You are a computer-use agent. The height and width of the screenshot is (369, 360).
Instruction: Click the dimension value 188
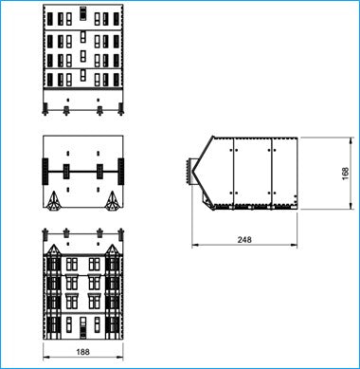(x=83, y=351)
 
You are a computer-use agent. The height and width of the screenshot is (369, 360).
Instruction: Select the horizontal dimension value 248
(x=244, y=240)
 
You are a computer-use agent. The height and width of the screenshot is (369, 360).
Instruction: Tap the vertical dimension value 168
(x=346, y=174)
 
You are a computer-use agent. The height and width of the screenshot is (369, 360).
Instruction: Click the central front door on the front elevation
(x=82, y=328)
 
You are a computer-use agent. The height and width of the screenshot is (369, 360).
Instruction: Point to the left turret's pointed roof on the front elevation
(x=53, y=249)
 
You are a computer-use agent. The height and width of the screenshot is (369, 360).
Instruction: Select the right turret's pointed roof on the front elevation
(x=112, y=249)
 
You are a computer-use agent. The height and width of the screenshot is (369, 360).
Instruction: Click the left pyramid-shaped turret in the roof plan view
(x=53, y=200)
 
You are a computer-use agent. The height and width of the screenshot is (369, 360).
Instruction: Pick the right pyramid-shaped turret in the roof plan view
(x=112, y=200)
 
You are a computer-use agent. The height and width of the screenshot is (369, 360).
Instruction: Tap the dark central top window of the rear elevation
(x=82, y=13)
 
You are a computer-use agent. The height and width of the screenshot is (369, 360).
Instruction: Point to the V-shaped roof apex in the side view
(x=192, y=171)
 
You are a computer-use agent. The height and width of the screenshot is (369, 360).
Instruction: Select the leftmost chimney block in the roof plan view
(x=45, y=172)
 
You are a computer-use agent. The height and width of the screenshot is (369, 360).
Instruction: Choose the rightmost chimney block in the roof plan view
(x=120, y=172)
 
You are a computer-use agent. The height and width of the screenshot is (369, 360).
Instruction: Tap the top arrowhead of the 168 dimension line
(x=351, y=140)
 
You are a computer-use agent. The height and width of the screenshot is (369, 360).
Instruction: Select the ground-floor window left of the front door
(x=69, y=324)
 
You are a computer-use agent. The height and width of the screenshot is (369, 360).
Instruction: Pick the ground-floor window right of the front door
(x=97, y=324)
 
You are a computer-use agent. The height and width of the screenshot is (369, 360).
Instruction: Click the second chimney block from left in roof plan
(x=66, y=172)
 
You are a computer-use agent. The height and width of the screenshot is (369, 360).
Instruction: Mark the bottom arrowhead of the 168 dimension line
(x=351, y=206)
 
